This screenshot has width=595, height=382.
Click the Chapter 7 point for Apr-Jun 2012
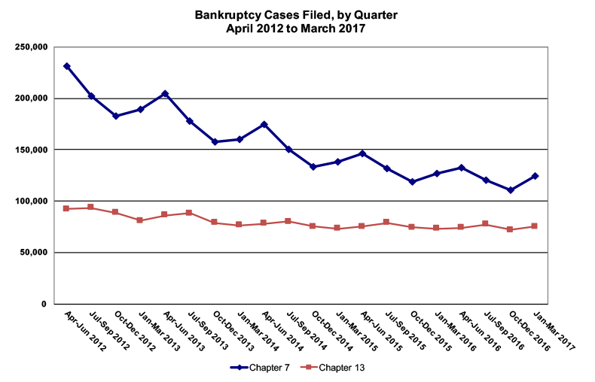[x=67, y=66]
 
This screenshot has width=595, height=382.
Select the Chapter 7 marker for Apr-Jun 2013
[x=165, y=94]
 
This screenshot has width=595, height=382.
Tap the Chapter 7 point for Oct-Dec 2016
[x=511, y=190]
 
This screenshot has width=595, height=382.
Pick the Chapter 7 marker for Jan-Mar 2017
[x=535, y=176]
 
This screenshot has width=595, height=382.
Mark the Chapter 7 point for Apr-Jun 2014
[x=264, y=124]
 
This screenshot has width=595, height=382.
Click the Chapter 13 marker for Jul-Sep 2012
[x=91, y=207]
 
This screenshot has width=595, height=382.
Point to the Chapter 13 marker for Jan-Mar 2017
[x=535, y=226]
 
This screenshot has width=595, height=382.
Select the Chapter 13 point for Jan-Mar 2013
[x=140, y=220]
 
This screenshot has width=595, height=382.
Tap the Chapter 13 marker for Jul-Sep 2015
[x=387, y=222]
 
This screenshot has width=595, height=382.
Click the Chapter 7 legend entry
[x=259, y=368]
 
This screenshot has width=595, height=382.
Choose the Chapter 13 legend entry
[x=335, y=368]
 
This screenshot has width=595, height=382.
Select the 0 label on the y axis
[x=45, y=304]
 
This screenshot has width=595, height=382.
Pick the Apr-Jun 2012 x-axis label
[x=84, y=331]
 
